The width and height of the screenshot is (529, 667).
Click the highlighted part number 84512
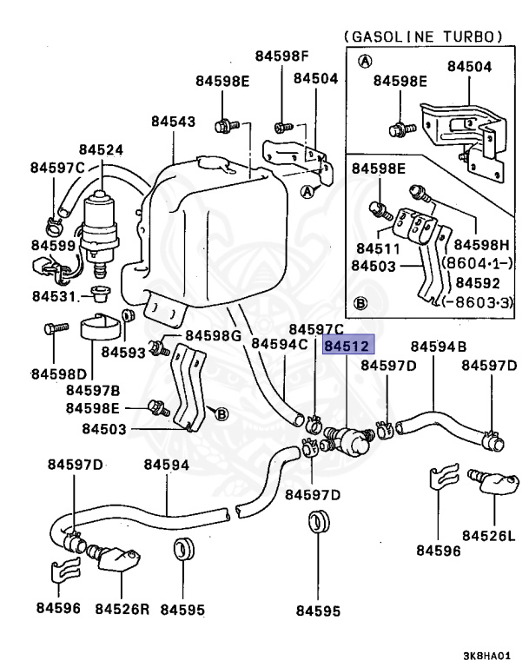[348, 345]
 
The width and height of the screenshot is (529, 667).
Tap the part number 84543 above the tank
[173, 122]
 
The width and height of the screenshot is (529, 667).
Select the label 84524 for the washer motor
[101, 149]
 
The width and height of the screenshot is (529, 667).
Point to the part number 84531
[54, 296]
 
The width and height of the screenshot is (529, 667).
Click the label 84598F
[281, 56]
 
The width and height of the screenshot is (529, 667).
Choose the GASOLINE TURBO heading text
[423, 36]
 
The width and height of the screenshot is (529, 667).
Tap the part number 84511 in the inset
[378, 248]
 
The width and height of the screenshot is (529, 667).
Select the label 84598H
[481, 245]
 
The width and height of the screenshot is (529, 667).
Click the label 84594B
[439, 347]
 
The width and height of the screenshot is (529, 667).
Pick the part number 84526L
[488, 536]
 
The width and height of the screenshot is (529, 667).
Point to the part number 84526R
[122, 609]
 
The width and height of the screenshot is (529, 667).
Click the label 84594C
[279, 343]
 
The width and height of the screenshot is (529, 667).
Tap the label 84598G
[213, 335]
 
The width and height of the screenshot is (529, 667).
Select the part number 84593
[123, 353]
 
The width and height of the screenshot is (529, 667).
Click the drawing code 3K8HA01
[486, 656]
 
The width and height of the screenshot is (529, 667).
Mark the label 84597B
[93, 390]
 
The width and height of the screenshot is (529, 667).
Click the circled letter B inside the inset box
[360, 303]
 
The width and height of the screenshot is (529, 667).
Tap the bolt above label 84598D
[56, 328]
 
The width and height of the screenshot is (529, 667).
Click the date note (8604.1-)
[478, 263]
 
